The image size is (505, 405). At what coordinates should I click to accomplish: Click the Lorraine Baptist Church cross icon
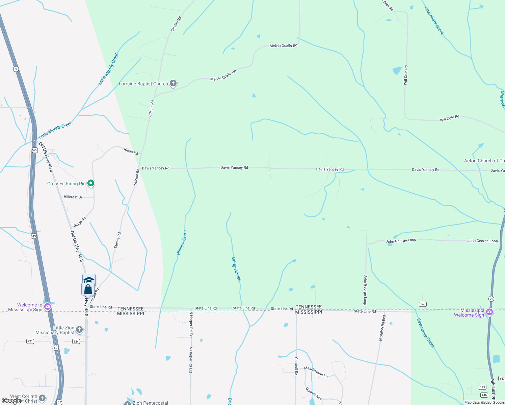(173, 83)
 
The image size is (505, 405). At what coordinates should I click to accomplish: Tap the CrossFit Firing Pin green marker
(90, 183)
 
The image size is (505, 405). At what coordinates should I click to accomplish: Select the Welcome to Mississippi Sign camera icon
(48, 307)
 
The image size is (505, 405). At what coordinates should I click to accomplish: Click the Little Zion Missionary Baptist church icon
(79, 329)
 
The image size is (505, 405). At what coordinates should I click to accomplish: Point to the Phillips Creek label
(182, 242)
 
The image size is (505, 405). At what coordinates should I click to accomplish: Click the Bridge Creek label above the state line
(236, 269)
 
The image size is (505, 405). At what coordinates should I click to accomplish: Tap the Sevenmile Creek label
(426, 333)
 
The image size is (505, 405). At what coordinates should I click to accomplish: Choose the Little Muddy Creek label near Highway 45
(55, 130)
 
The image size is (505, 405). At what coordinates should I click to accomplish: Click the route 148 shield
(423, 304)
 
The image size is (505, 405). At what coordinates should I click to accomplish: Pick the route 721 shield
(30, 341)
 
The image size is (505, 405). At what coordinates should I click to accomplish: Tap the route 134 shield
(76, 342)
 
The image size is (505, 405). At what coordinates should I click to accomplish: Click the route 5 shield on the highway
(16, 69)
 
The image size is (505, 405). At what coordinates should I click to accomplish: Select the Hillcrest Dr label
(73, 197)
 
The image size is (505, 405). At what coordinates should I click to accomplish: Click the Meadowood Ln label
(316, 372)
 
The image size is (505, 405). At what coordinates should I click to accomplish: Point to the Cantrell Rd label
(296, 366)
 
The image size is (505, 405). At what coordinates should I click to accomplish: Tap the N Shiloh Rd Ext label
(382, 328)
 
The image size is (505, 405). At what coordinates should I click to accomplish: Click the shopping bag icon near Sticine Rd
(88, 289)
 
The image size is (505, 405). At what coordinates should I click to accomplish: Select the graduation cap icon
(89, 279)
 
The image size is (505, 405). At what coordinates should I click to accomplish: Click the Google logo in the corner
(11, 401)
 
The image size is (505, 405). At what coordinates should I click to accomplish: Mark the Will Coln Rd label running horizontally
(449, 118)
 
